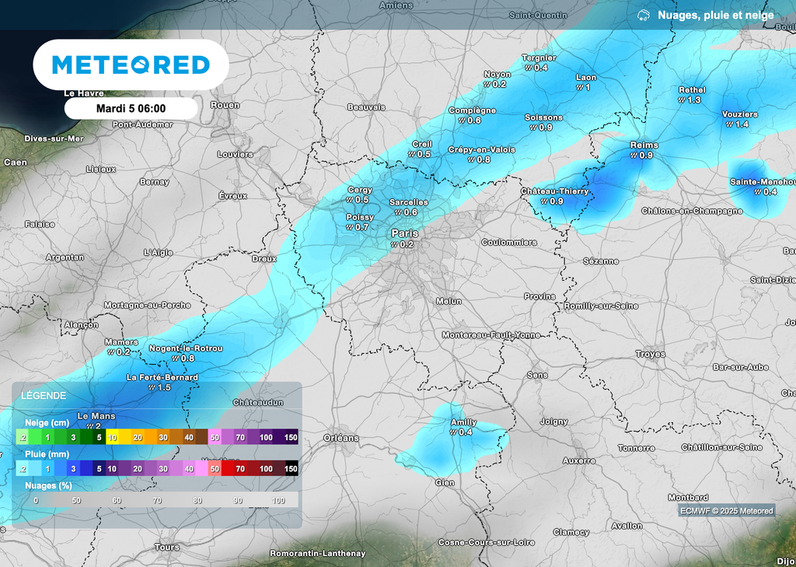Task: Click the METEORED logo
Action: pyautogui.click(x=131, y=65)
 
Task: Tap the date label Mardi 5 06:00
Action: pyautogui.click(x=131, y=108)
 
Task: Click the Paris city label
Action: pyautogui.click(x=404, y=233)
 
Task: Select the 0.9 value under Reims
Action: pyautogui.click(x=645, y=156)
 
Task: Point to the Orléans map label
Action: pyautogui.click(x=341, y=438)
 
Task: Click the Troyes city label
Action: pyautogui.click(x=650, y=354)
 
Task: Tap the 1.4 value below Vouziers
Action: pyautogui.click(x=742, y=124)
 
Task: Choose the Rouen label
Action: pyautogui.click(x=225, y=105)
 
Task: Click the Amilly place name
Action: pyautogui.click(x=464, y=423)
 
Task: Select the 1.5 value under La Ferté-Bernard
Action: pyautogui.click(x=164, y=387)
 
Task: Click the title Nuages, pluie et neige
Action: pyautogui.click(x=715, y=15)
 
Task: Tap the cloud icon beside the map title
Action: pyautogui.click(x=644, y=15)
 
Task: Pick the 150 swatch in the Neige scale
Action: pyautogui.click(x=291, y=438)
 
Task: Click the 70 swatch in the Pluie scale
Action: pyautogui.click(x=240, y=468)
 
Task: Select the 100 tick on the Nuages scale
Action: pyautogui.click(x=278, y=499)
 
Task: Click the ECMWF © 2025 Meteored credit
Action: pyautogui.click(x=726, y=511)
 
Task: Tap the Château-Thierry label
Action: pyautogui.click(x=554, y=191)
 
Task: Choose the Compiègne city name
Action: pyautogui.click(x=472, y=110)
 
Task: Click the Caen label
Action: pyautogui.click(x=16, y=163)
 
